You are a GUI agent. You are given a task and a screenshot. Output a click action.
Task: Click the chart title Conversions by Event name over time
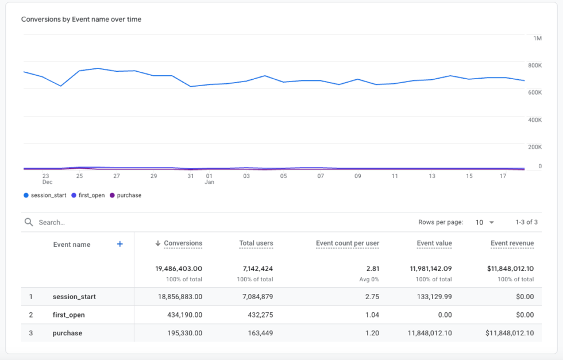point(81,20)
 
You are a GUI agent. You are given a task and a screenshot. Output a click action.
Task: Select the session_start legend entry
point(45,195)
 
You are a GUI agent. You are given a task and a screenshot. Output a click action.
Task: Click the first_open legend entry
point(88,195)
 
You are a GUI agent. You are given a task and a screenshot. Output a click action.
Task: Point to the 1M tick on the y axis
point(537,38)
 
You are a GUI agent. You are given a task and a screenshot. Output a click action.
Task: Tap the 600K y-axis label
point(535,92)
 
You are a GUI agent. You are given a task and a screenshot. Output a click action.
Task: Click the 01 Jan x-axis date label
point(209,179)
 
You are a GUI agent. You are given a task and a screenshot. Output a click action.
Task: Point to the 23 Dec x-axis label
point(46,179)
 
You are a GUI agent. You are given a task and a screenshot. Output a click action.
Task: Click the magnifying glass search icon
point(29,222)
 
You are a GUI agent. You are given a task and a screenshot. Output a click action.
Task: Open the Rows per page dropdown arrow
point(491,223)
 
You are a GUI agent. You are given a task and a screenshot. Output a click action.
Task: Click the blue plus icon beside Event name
point(120,244)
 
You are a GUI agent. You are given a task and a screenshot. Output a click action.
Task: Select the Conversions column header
point(183,243)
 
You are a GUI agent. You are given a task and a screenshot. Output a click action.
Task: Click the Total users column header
point(256,243)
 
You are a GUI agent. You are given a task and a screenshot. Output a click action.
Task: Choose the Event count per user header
point(347,243)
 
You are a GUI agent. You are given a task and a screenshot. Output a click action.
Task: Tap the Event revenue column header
point(512,243)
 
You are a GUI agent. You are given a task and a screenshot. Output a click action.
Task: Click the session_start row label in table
point(74,297)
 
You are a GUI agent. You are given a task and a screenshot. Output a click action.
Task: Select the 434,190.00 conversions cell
point(182,315)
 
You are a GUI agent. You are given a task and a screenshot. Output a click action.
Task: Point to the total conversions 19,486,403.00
point(178,269)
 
